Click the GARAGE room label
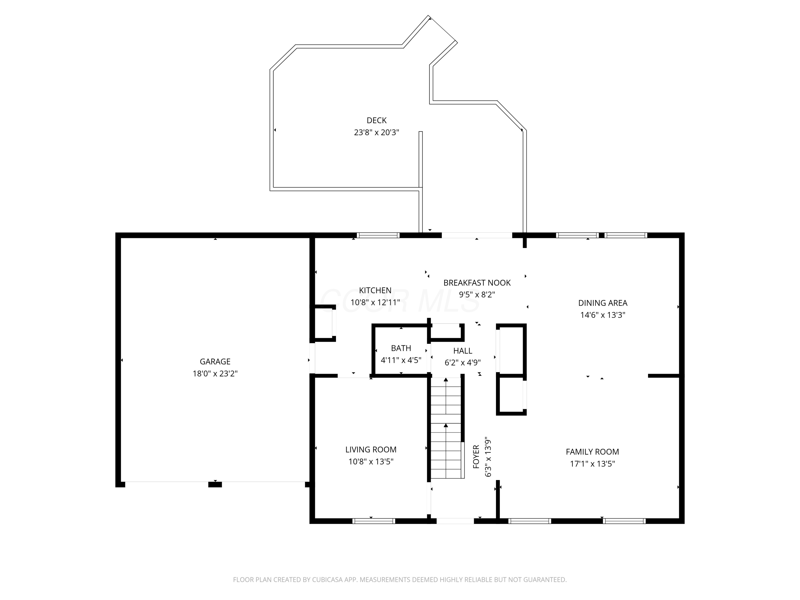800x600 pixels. click(215, 361)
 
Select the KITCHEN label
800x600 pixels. click(375, 290)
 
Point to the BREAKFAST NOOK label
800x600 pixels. click(477, 283)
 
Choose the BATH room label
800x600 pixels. click(401, 348)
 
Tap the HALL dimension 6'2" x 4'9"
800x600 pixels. click(463, 362)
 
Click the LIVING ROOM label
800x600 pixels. click(371, 450)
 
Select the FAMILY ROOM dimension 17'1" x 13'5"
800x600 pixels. click(593, 464)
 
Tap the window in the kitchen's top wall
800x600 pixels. click(378, 235)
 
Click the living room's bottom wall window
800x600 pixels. click(374, 521)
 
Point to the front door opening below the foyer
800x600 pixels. click(455, 521)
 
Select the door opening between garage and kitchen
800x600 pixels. click(312, 358)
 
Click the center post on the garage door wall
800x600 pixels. click(215, 485)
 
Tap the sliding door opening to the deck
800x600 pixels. click(477, 235)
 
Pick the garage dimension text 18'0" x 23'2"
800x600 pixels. click(215, 374)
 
